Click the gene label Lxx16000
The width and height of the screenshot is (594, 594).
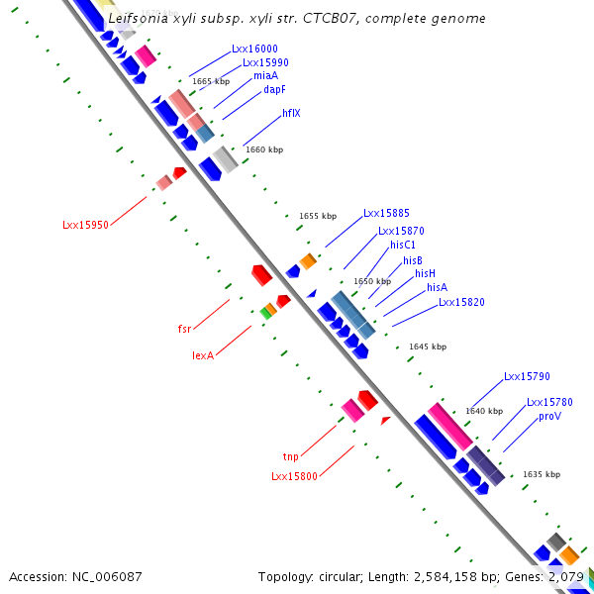point(254,49)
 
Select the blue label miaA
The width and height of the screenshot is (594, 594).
point(265,75)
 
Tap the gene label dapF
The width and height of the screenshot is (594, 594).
point(274,89)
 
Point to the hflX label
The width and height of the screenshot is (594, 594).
point(291,113)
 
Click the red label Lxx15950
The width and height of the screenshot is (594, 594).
point(85,225)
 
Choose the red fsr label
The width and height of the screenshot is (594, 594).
point(184,328)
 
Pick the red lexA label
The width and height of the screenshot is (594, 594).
point(203,354)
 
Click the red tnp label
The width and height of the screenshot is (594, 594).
point(290,456)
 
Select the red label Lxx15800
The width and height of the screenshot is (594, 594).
point(294,476)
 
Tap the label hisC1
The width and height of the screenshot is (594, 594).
point(403,245)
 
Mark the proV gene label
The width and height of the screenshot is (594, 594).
point(549,417)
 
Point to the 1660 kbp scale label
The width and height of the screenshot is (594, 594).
point(263,149)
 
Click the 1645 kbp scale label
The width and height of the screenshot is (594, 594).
point(428,346)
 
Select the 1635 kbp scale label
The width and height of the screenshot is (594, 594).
point(542,474)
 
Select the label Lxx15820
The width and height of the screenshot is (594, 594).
point(461,302)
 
